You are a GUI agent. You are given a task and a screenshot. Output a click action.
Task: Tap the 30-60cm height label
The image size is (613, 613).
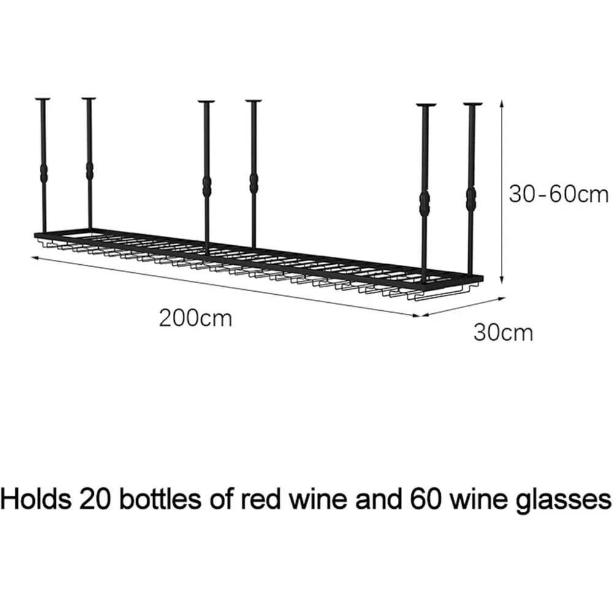558,194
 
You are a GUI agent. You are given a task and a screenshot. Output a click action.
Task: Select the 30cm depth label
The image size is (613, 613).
503,333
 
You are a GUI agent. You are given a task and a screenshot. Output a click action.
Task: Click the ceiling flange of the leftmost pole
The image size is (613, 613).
43,99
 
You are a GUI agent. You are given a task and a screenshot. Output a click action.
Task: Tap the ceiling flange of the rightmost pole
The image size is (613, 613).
473,104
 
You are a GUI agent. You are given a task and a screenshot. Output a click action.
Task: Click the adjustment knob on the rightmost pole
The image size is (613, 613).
471,199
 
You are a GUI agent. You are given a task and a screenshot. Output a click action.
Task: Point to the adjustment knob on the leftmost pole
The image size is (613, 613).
44,172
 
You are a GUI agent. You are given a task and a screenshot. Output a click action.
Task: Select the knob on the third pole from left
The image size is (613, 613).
207,186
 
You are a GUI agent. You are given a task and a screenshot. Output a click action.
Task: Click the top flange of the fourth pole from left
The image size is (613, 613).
254,102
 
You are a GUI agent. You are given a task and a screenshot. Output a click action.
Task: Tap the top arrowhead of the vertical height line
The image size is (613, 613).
502,102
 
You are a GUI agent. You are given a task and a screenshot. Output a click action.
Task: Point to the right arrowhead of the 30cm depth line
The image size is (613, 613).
503,299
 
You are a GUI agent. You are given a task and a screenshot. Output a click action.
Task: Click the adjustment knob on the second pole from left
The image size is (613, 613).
90,170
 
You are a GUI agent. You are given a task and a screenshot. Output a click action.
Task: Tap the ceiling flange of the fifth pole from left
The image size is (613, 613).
426,105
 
